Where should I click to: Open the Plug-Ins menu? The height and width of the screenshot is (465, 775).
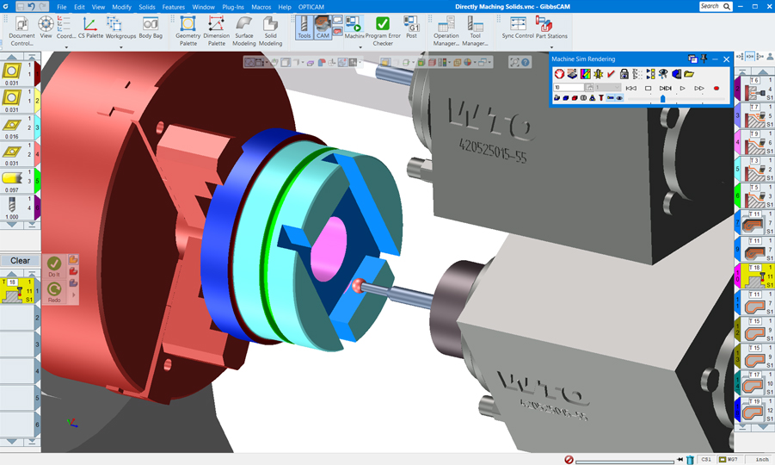232,7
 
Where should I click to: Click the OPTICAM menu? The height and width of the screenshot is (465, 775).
311,7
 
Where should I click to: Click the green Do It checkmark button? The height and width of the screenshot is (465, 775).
54,263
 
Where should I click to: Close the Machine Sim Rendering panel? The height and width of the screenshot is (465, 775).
727,59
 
